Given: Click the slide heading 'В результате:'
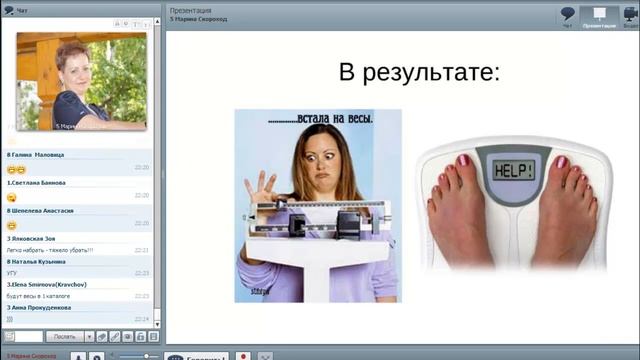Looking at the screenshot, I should click(x=419, y=73).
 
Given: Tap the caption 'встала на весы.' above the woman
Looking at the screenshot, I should click(x=321, y=120).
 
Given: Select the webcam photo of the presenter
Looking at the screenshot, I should click(x=81, y=81).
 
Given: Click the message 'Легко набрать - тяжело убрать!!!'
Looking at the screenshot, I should click(x=50, y=250).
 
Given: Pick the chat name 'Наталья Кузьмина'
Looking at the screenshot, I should click(x=42, y=260).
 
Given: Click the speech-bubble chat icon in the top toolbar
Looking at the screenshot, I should click(x=568, y=14).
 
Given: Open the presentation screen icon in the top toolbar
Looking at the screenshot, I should click(x=600, y=14).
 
